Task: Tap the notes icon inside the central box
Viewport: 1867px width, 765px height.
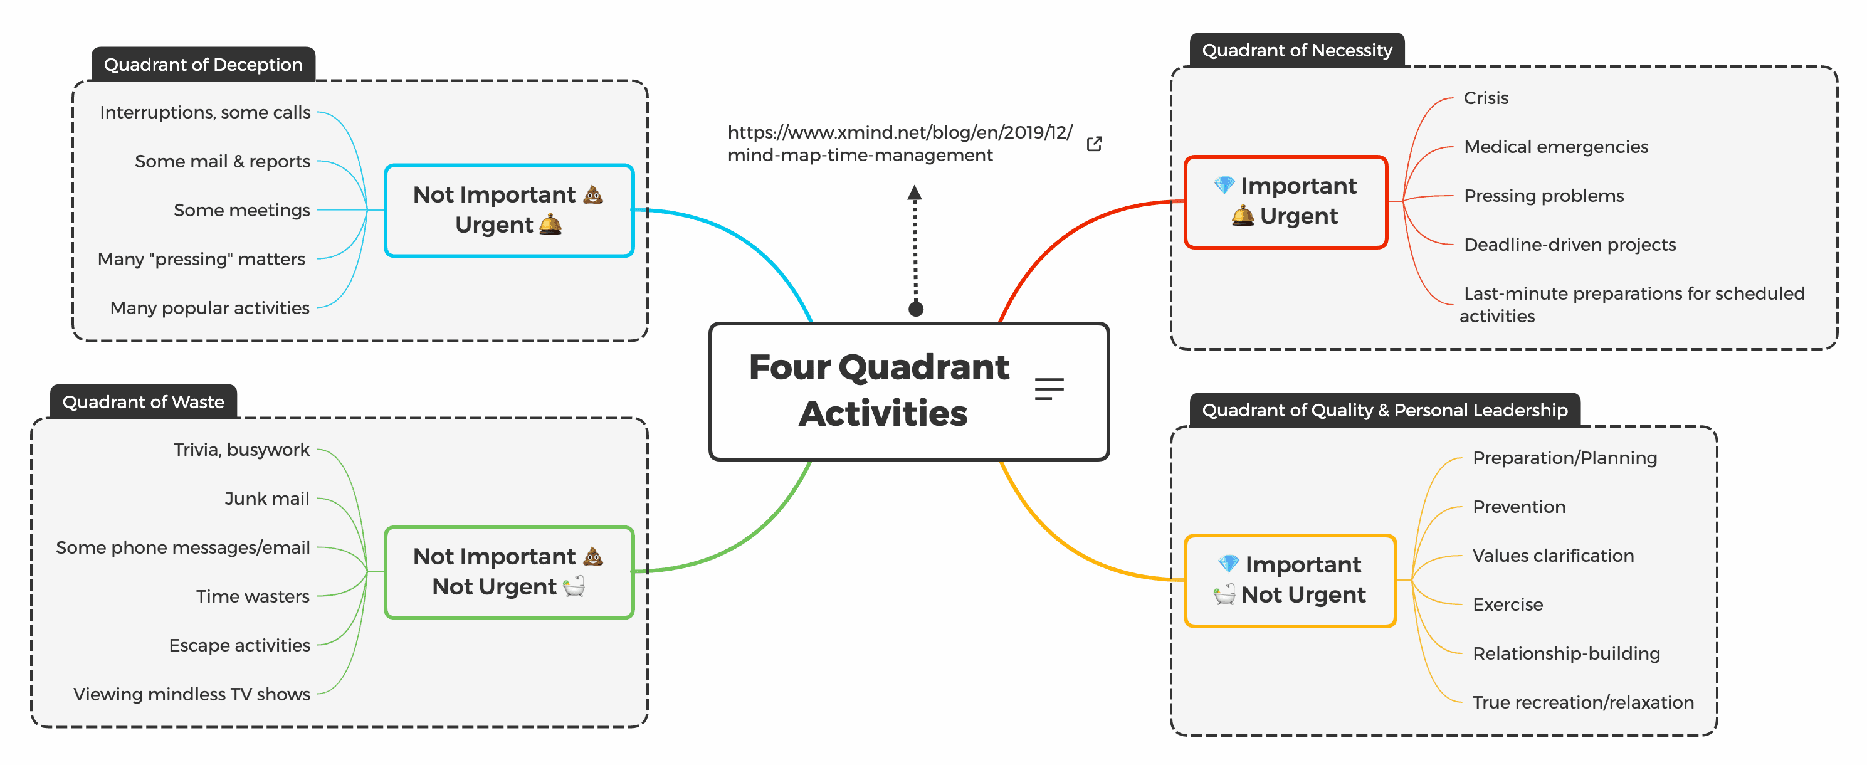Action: coord(1049,389)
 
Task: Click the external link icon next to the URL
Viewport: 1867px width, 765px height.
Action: coord(1095,144)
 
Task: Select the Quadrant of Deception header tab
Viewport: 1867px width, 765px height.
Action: coord(203,65)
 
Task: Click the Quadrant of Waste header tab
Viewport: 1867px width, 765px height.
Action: coord(143,402)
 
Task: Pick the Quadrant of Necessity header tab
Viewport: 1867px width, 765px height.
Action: coord(1296,50)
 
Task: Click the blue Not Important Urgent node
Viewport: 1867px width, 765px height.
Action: coord(509,210)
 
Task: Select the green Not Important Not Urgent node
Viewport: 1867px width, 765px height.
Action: coord(509,572)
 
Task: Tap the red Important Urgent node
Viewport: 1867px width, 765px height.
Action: coord(1285,201)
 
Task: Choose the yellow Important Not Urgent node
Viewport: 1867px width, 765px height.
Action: coord(1290,580)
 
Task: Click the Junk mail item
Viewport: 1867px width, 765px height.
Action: coord(266,499)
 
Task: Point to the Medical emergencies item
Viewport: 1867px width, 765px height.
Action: coord(1555,147)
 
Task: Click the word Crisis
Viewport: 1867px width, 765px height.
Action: coord(1485,98)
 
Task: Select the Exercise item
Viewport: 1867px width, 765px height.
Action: coord(1508,604)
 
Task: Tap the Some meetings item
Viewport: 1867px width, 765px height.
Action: coord(241,210)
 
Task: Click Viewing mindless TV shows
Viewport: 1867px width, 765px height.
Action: coord(191,695)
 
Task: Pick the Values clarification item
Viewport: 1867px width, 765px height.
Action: coord(1552,556)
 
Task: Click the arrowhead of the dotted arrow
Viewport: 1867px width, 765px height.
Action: coord(915,193)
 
